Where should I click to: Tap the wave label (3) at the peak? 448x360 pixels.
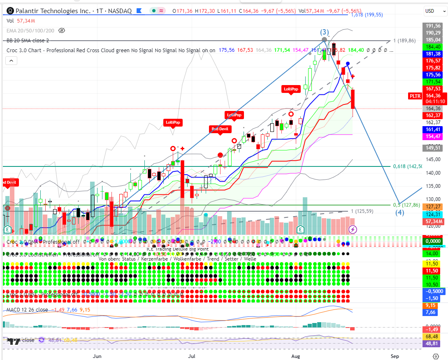325,32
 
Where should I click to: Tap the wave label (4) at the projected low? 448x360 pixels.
399,212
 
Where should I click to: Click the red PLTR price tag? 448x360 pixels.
415,96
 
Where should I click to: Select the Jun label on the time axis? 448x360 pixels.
97,356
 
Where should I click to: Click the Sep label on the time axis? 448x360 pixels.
395,356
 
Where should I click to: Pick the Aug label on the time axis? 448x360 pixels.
295,356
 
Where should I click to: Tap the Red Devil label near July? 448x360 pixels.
220,129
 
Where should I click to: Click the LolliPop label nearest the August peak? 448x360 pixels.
291,89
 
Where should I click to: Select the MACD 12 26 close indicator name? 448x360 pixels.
27,309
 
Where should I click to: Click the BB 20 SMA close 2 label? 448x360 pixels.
28,40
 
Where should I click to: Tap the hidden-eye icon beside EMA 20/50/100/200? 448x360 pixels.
62,30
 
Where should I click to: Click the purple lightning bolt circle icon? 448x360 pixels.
353,229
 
